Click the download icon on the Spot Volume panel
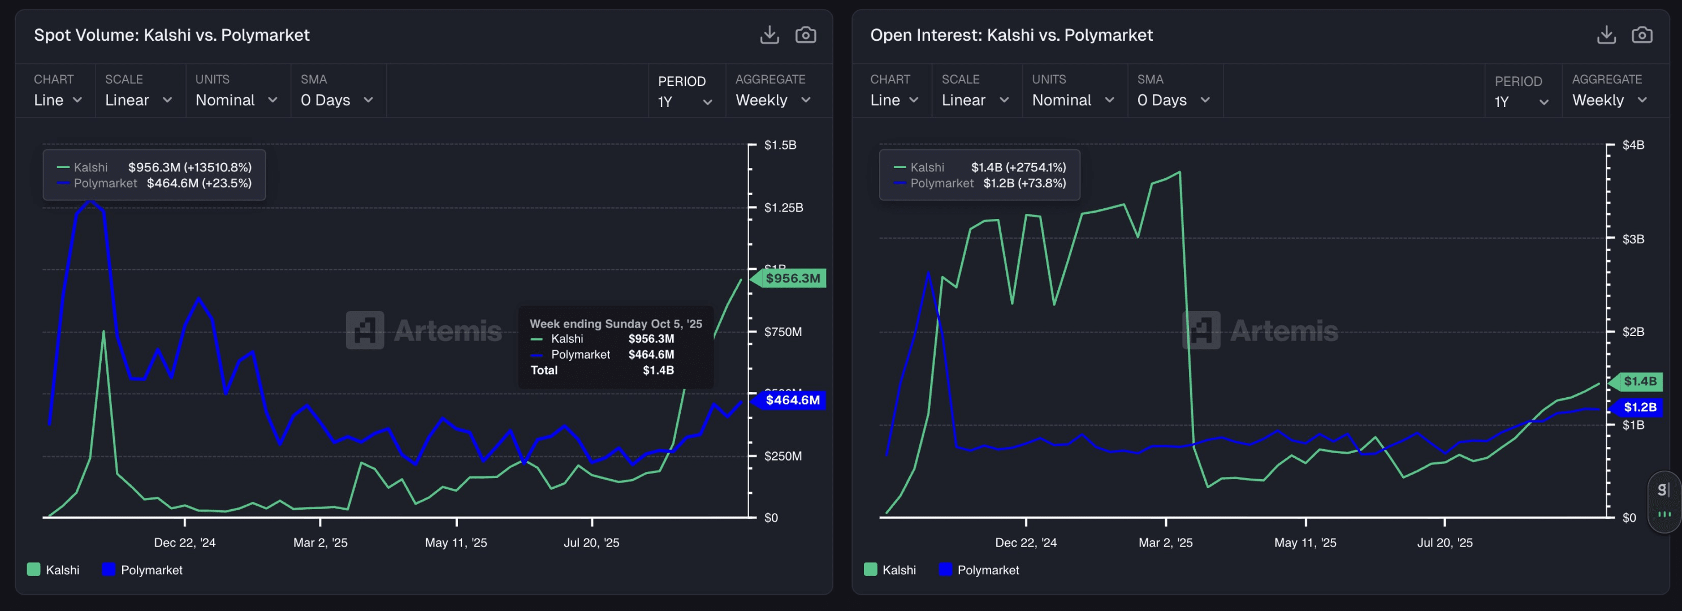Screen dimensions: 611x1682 tap(769, 35)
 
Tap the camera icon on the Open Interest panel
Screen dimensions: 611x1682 tap(1641, 35)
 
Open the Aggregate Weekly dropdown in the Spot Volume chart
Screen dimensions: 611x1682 tap(772, 100)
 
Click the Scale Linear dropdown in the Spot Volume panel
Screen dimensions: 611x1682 tap(139, 100)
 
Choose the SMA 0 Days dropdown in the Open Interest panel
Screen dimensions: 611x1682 tap(1173, 100)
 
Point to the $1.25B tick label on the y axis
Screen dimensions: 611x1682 tap(783, 208)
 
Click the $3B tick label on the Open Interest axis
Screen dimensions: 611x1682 tap(1632, 239)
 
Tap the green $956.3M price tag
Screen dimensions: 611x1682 tap(792, 278)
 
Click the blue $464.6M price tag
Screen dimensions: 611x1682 tap(792, 400)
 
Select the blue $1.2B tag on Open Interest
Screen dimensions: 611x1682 tap(1640, 408)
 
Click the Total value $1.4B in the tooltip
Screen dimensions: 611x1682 tap(658, 371)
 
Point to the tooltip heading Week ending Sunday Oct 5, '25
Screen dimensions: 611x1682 tap(615, 324)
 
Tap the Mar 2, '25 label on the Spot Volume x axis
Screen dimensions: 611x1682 tap(320, 543)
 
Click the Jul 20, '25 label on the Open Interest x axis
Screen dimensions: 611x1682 tap(1445, 543)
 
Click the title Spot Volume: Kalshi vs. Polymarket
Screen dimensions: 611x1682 tap(172, 35)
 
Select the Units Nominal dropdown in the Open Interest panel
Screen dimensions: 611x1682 tap(1072, 100)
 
